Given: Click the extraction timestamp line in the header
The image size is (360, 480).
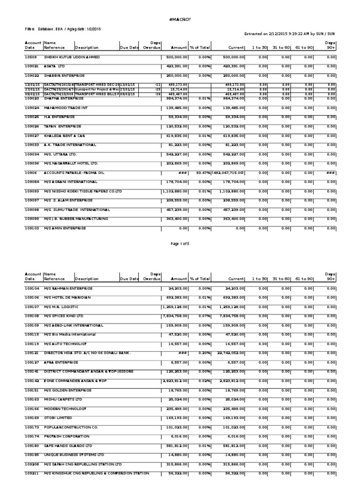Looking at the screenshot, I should (290, 34).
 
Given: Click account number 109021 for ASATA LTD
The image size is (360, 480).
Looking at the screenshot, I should (31, 66).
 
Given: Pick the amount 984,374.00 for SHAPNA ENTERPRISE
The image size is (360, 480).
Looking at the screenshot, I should (175, 98).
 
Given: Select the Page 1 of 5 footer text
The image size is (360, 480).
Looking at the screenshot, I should (180, 244).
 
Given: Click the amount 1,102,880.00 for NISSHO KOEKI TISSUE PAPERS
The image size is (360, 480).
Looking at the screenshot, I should (174, 191).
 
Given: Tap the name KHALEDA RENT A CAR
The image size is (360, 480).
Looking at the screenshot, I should (65, 135).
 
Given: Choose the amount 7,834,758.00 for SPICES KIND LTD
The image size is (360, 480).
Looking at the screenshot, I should (174, 316).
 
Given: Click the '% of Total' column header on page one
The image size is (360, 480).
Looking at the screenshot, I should (200, 47).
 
